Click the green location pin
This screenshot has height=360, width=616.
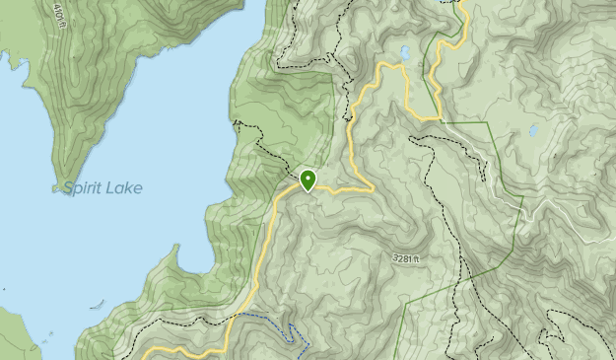[x=308, y=180]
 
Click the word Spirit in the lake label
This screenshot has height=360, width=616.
[x=84, y=188]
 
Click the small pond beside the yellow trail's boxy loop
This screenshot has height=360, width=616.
[x=405, y=52]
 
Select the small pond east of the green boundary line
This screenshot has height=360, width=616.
[x=533, y=129]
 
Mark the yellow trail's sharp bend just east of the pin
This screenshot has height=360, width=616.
[x=371, y=187]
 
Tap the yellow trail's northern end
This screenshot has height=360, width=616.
[x=458, y=3]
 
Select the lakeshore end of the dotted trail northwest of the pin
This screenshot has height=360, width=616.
[x=237, y=123]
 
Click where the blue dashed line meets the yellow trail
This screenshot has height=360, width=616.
[x=235, y=318]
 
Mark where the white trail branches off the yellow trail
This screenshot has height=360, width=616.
[x=442, y=120]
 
